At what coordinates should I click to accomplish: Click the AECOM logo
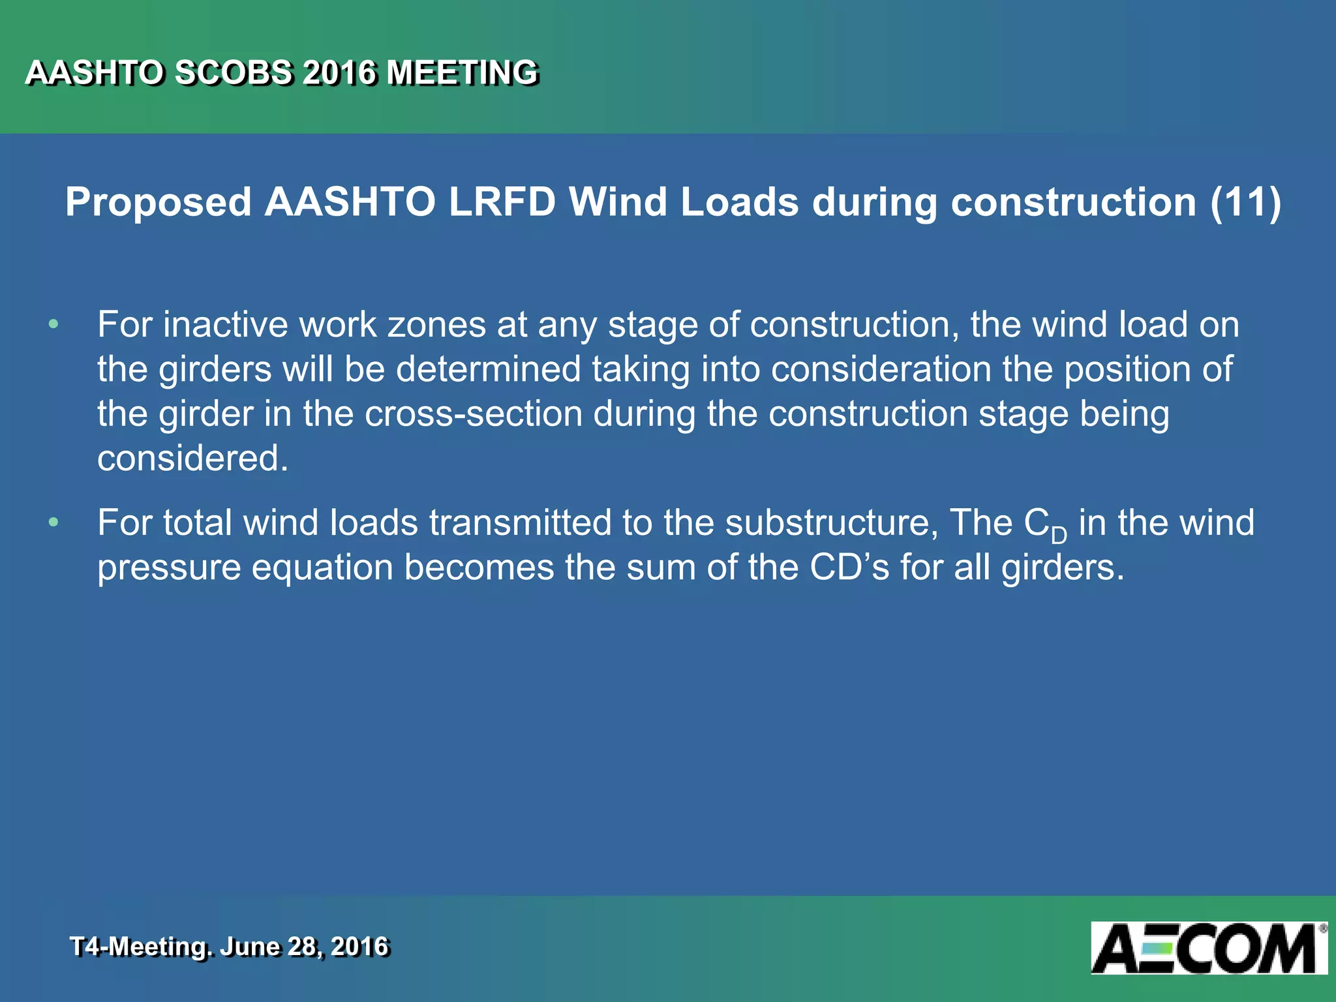[1208, 948]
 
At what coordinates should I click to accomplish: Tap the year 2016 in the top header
[340, 72]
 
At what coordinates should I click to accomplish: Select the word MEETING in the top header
[462, 72]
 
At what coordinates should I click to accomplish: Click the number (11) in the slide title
[1245, 202]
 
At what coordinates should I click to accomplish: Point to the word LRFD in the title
[502, 202]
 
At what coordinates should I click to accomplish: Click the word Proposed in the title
[159, 202]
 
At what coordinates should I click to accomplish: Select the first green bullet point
[53, 324]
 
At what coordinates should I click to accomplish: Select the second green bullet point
[53, 523]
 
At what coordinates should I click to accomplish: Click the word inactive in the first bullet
[225, 324]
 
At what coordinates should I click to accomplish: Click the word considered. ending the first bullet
[192, 458]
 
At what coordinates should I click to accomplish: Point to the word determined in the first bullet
[488, 369]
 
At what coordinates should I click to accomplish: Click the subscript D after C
[1059, 536]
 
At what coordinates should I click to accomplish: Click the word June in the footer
[250, 947]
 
